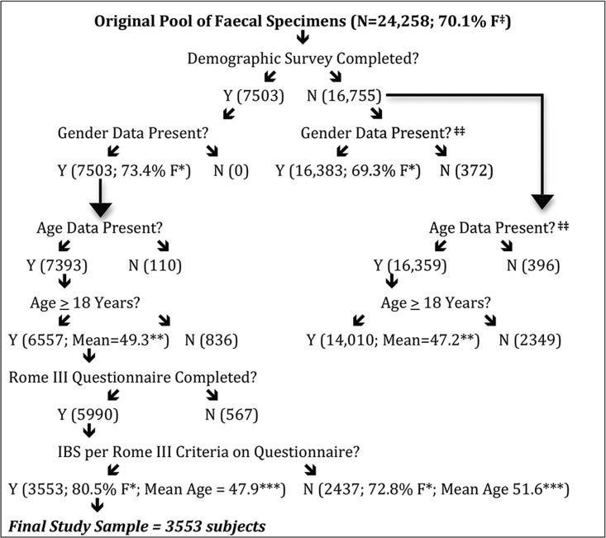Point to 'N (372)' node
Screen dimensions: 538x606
click(x=466, y=171)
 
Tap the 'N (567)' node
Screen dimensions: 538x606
click(x=233, y=414)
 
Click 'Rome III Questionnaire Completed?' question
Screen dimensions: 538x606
click(x=132, y=377)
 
